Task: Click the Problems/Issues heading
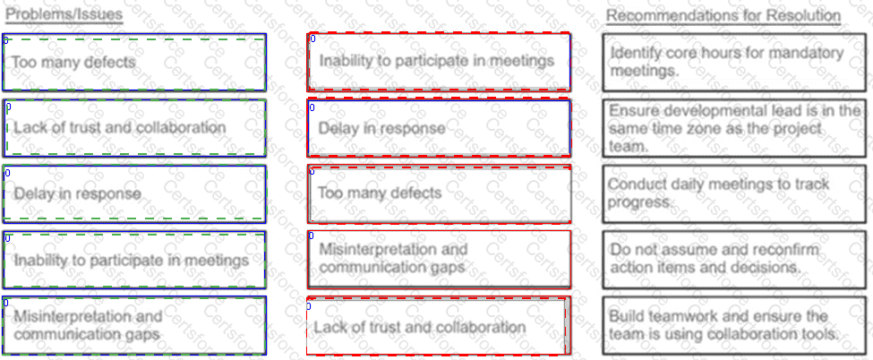(x=64, y=14)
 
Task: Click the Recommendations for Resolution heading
(x=723, y=15)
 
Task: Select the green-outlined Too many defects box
(x=134, y=62)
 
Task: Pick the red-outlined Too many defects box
(x=440, y=194)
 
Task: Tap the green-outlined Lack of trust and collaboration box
(x=134, y=128)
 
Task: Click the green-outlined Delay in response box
(x=134, y=194)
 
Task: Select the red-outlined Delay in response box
(x=440, y=128)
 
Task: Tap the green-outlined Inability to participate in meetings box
(x=134, y=260)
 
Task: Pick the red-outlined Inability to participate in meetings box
(x=440, y=62)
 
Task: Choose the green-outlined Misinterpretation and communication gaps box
(x=134, y=325)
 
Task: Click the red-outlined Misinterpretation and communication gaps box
(x=440, y=260)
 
